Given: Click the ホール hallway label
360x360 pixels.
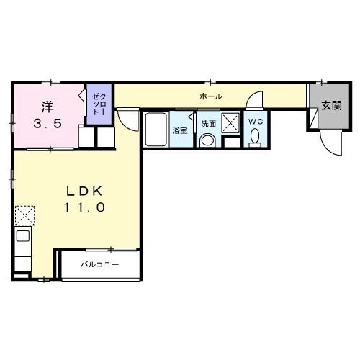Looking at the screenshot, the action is pos(211,96).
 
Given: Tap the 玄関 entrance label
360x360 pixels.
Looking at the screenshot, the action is pos(331,106).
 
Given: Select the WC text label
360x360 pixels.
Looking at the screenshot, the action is pos(256,122).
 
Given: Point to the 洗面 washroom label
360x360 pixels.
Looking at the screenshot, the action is pos(209,124).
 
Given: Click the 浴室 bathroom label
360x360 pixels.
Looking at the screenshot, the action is pos(180,131).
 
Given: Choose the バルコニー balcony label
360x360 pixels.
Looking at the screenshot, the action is pos(99,265).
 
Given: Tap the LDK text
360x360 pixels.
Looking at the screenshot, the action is pos(84,192).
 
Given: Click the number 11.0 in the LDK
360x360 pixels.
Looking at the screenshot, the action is pos(84,207).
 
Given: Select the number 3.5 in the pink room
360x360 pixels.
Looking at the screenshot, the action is pos(48,124).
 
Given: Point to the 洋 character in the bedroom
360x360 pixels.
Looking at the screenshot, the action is pos(48,107).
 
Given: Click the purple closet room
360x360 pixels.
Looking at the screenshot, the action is pos(99,104).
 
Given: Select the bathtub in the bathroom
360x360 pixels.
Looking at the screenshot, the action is pos(156,129).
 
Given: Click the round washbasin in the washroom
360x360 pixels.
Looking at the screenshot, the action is pos(207,140).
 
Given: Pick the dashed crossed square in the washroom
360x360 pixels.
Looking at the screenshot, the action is pos(230,123).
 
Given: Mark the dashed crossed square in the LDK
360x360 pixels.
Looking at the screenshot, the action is pos(24,215).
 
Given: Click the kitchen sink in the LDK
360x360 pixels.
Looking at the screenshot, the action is pos(23,236).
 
